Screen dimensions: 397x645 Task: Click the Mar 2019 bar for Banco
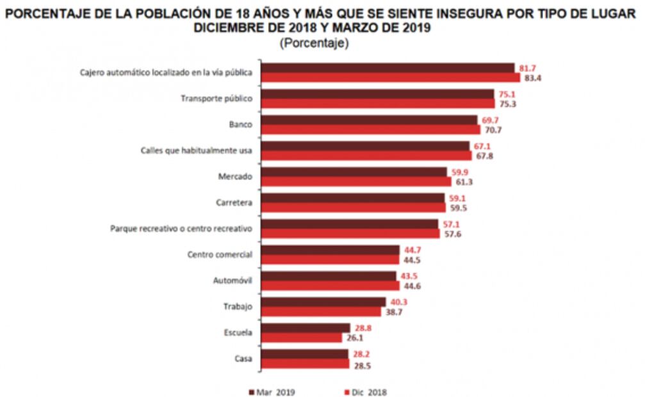[370, 120]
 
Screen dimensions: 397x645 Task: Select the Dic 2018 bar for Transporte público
[379, 104]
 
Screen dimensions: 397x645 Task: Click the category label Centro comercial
[220, 255]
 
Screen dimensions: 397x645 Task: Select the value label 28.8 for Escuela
[364, 327]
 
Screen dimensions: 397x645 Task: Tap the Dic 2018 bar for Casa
[306, 364]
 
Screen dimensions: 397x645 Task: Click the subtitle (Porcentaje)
[313, 44]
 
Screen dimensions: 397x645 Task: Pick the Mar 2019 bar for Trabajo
[324, 302]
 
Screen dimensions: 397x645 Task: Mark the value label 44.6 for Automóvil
[412, 286]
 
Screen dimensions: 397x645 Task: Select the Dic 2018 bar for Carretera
[354, 208]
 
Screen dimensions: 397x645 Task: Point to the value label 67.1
[484, 145]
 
